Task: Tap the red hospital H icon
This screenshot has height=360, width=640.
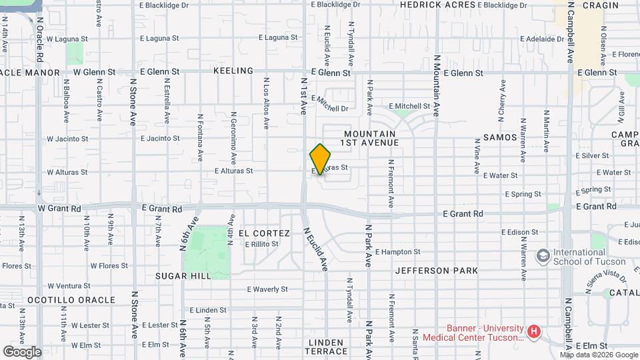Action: (x=533, y=331)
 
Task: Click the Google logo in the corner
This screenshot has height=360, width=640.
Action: (x=22, y=351)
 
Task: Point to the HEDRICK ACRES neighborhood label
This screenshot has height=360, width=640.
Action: (x=437, y=5)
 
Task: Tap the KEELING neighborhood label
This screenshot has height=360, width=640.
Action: (x=233, y=71)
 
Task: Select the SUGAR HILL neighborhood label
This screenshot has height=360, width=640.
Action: (x=183, y=276)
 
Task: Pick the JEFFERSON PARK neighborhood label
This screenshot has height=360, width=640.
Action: (x=437, y=271)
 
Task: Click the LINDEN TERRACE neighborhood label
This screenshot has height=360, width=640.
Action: (x=327, y=351)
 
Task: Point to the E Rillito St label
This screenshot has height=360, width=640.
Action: (x=261, y=245)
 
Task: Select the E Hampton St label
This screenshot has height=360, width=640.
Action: (x=398, y=252)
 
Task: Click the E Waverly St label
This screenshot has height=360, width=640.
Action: (x=267, y=289)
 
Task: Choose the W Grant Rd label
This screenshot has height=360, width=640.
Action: (x=59, y=209)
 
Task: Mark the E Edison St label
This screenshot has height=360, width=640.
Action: (x=520, y=232)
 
